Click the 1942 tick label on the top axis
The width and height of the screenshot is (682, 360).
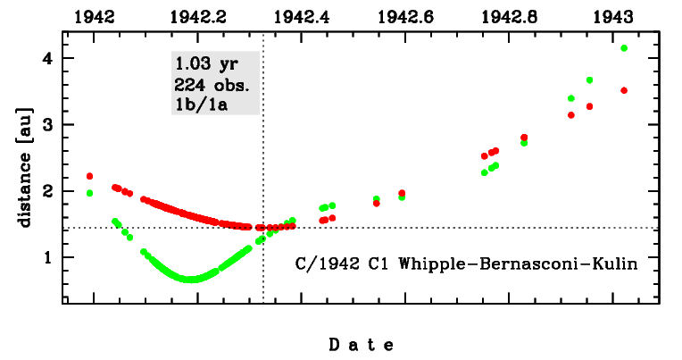click(95, 16)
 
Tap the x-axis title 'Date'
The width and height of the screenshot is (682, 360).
click(361, 344)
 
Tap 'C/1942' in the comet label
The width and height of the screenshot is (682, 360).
click(324, 264)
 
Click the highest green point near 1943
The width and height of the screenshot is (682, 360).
click(624, 48)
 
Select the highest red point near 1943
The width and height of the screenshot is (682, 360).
click(624, 90)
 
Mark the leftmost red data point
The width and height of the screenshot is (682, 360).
click(89, 176)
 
